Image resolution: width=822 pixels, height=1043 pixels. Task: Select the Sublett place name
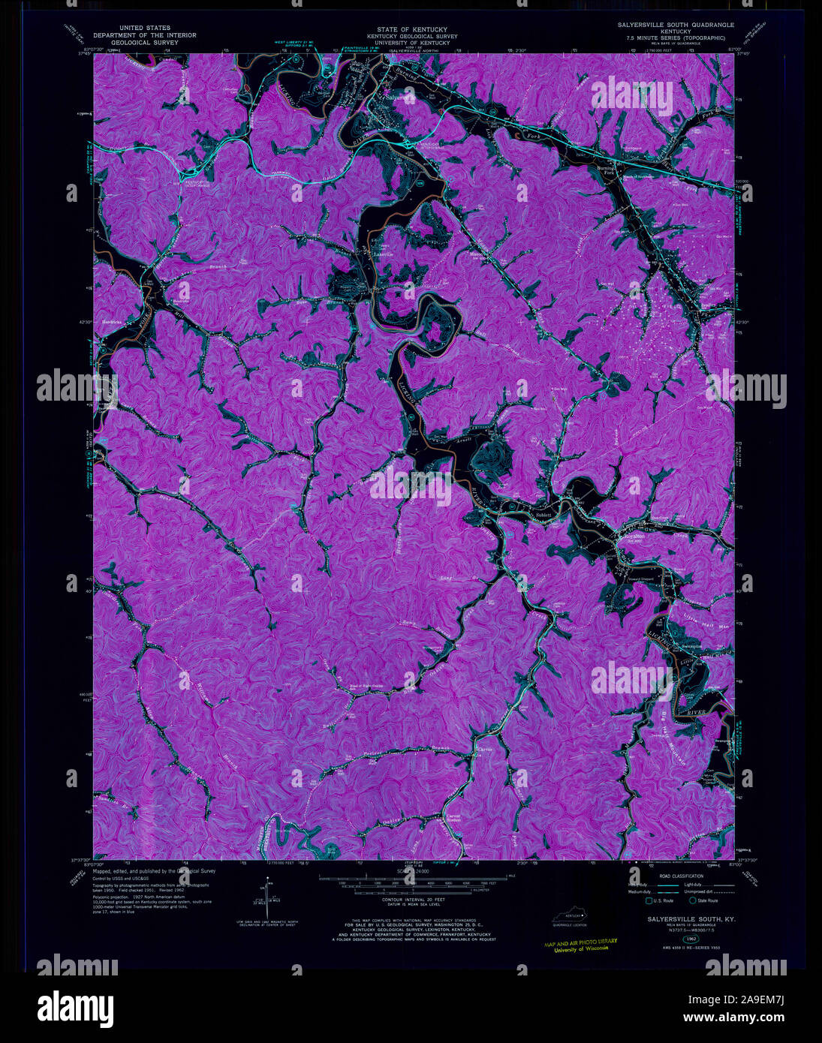543,515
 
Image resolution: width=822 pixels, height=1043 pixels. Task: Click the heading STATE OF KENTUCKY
406,29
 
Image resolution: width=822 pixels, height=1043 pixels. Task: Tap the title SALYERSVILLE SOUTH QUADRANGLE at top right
676,25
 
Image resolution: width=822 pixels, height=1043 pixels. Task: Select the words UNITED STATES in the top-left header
143,28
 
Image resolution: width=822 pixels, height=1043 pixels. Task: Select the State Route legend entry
703,900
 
